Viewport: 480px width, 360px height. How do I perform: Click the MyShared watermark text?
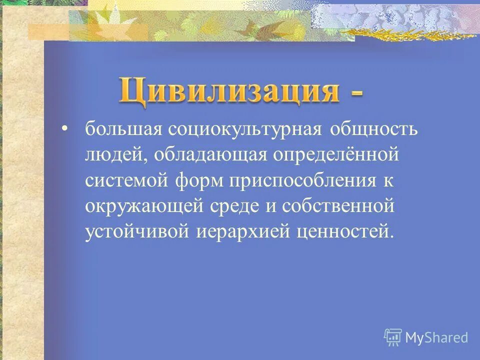[x=436, y=337]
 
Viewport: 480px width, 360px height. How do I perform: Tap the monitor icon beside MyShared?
[x=393, y=337]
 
